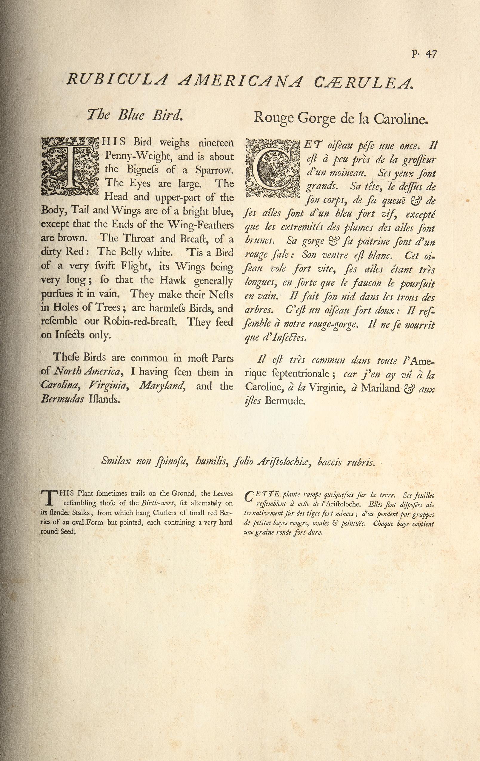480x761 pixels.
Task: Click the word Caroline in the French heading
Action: (x=400, y=118)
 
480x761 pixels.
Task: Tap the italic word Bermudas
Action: (x=62, y=399)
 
